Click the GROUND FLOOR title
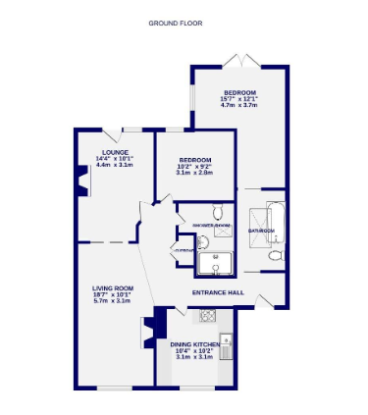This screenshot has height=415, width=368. (176, 23)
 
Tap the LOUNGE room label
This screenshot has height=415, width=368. (114, 152)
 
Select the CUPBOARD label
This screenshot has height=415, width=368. (184, 251)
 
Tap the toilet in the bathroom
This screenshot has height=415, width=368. (275, 254)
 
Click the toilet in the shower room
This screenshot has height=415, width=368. (219, 210)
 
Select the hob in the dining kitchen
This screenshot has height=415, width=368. (207, 315)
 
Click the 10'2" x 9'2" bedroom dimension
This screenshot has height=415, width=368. (195, 166)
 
